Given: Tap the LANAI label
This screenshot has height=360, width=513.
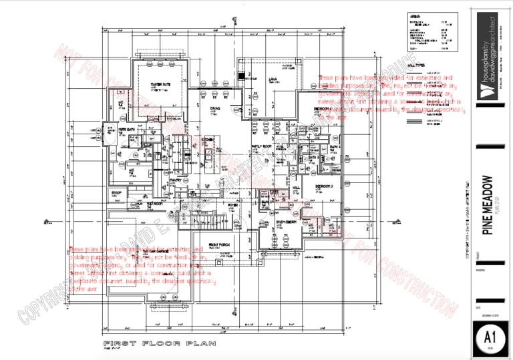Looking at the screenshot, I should pyautogui.click(x=273, y=79).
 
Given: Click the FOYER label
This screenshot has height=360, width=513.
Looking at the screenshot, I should pyautogui.click(x=233, y=206).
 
